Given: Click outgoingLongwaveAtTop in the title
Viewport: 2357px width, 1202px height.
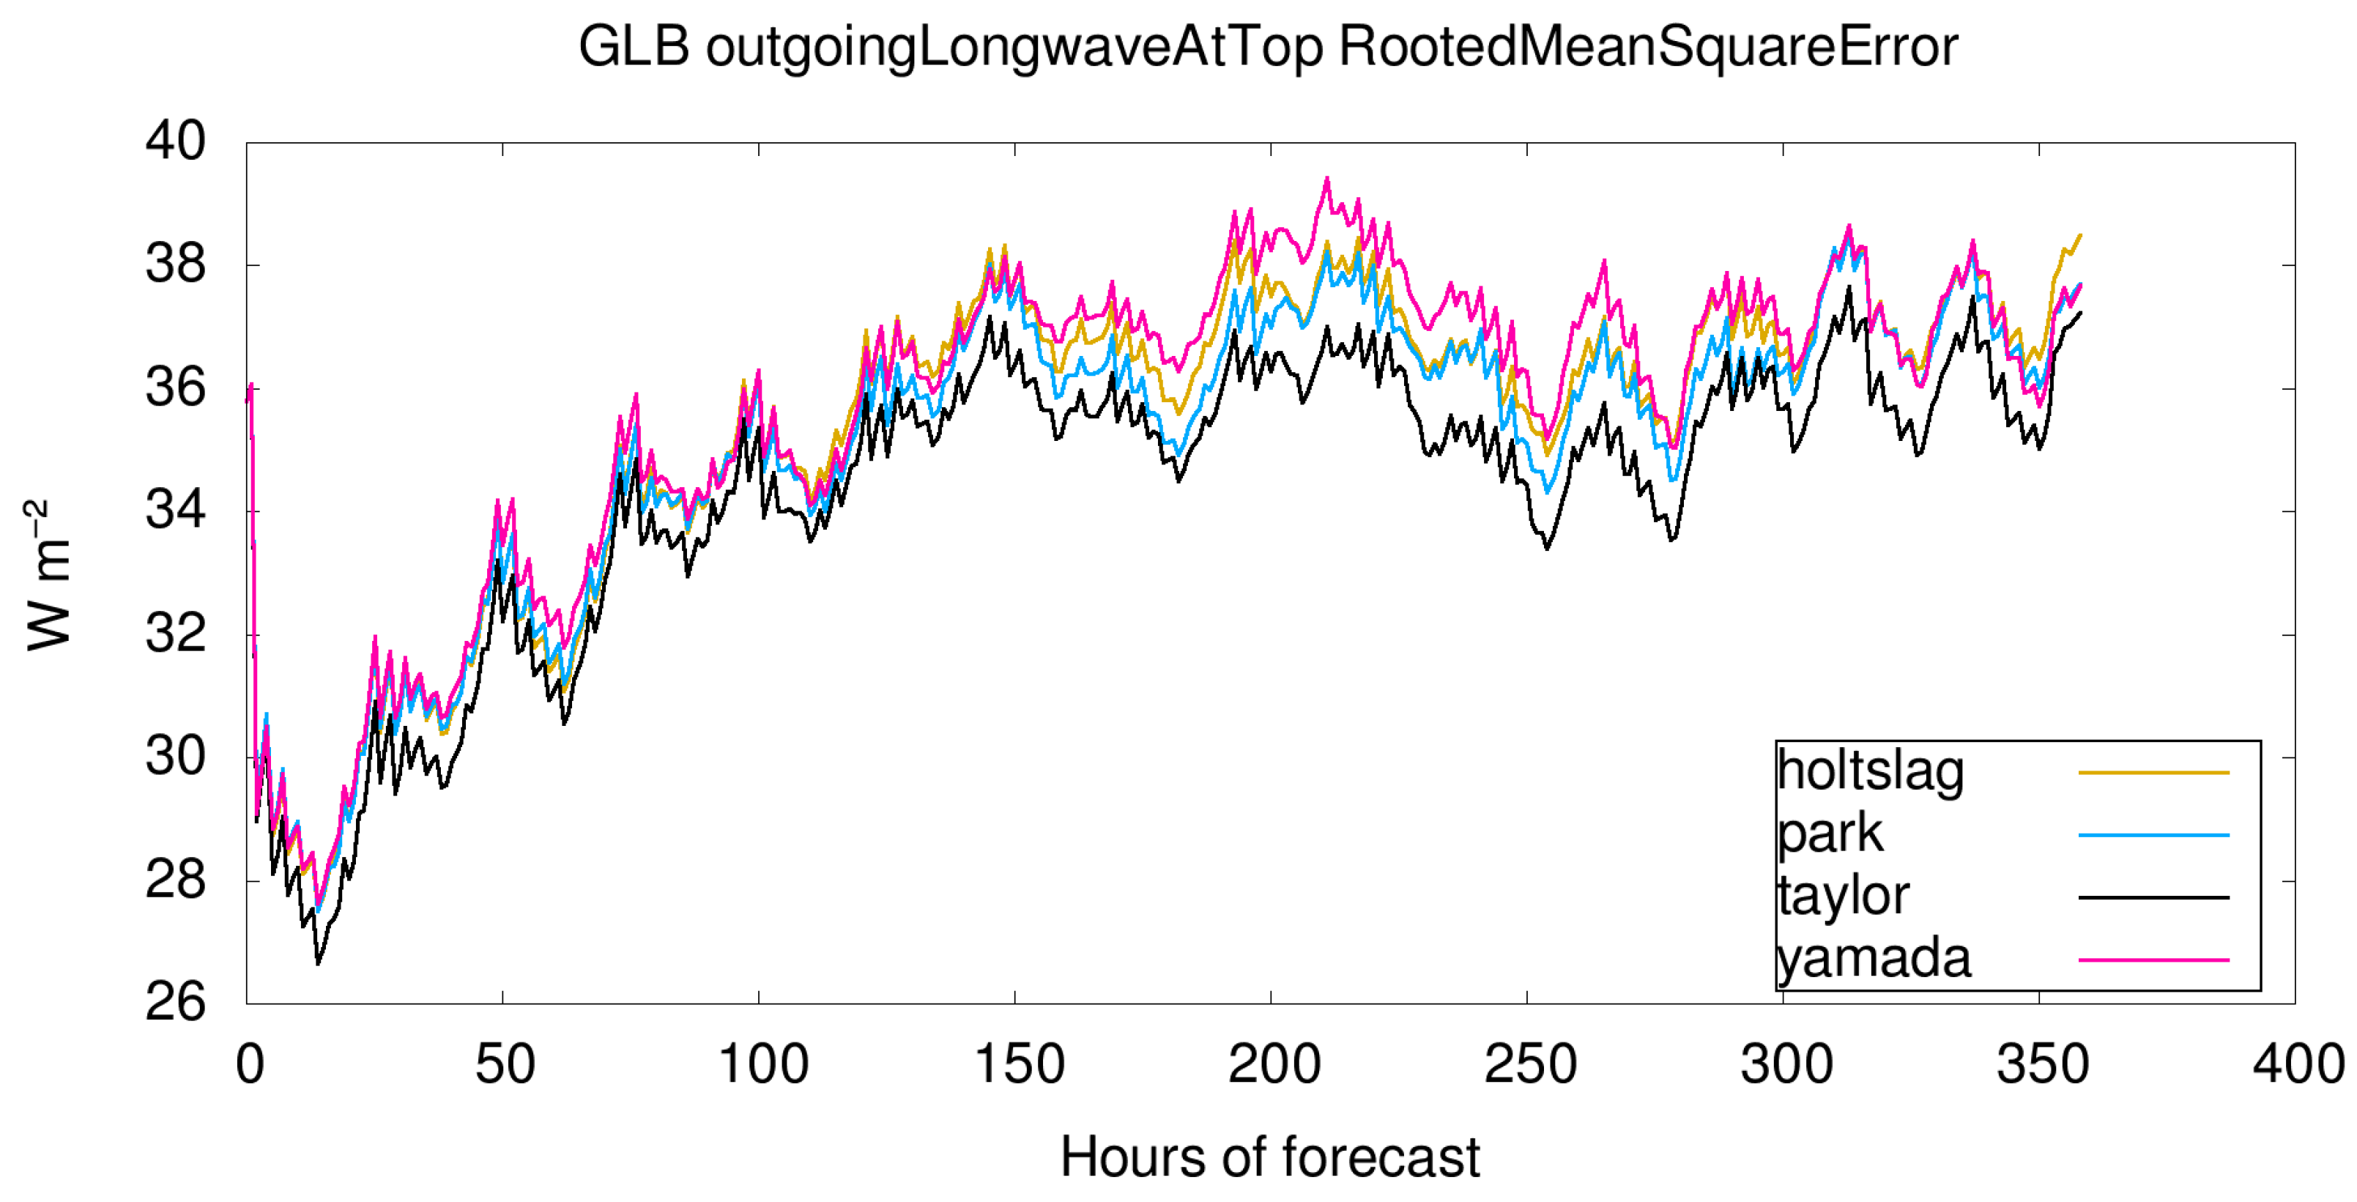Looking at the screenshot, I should (1014, 48).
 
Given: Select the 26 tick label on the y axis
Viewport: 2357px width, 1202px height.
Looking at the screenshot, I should (176, 1002).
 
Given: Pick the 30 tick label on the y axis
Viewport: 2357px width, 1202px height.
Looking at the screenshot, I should (176, 756).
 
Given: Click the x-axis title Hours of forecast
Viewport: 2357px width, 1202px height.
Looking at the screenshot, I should (1269, 1157).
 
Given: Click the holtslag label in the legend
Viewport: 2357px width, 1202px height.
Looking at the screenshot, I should (1870, 771).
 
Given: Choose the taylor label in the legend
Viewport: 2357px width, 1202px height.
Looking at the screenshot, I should (1843, 896).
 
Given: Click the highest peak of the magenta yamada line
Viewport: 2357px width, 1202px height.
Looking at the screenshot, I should (1326, 179).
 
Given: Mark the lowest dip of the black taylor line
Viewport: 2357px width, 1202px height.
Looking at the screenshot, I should (319, 963).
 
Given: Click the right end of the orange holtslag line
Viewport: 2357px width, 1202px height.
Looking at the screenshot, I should (2081, 235).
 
